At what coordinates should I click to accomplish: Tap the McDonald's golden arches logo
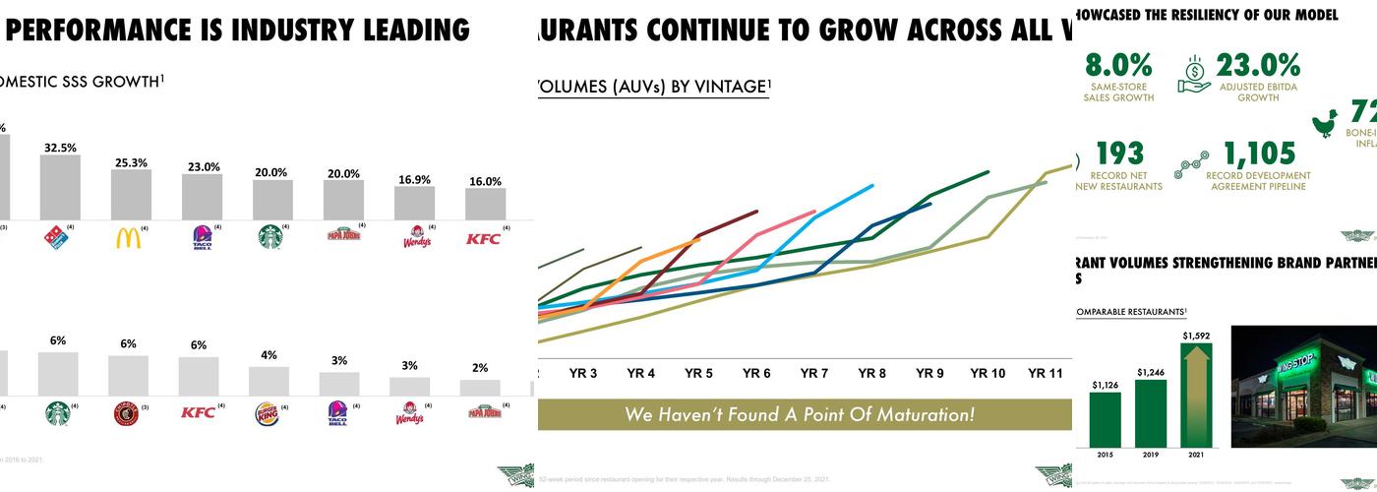point(129,237)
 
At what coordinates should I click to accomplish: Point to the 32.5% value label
point(60,148)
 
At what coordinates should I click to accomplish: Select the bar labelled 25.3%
point(131,194)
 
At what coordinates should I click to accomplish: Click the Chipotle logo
point(126,413)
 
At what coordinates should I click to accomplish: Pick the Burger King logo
point(268,413)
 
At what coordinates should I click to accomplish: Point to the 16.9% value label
point(414,179)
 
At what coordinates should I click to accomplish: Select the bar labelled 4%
point(269,381)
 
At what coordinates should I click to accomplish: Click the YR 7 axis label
point(813,374)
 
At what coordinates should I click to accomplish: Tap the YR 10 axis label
point(987,374)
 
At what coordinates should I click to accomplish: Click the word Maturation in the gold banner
point(916,414)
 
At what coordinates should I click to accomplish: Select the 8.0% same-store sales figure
point(1118,66)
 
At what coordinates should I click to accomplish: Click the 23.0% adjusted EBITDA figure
point(1258,66)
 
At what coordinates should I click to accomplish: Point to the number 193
point(1119,154)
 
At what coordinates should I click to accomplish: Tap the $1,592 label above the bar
point(1196,337)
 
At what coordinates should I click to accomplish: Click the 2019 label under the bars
point(1150,456)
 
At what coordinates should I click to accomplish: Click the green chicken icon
point(1325,122)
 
